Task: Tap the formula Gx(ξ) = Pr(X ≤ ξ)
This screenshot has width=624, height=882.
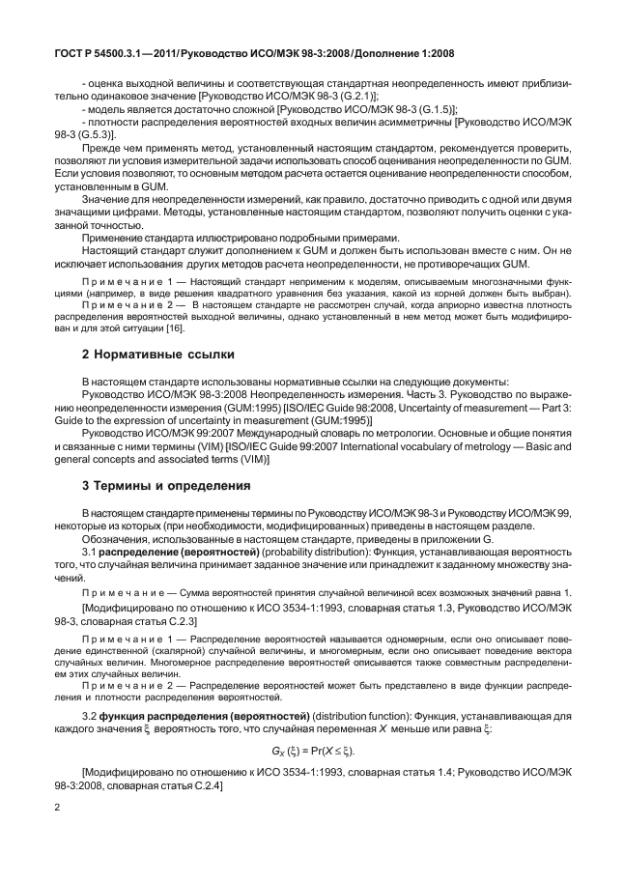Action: [x=311, y=750]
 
